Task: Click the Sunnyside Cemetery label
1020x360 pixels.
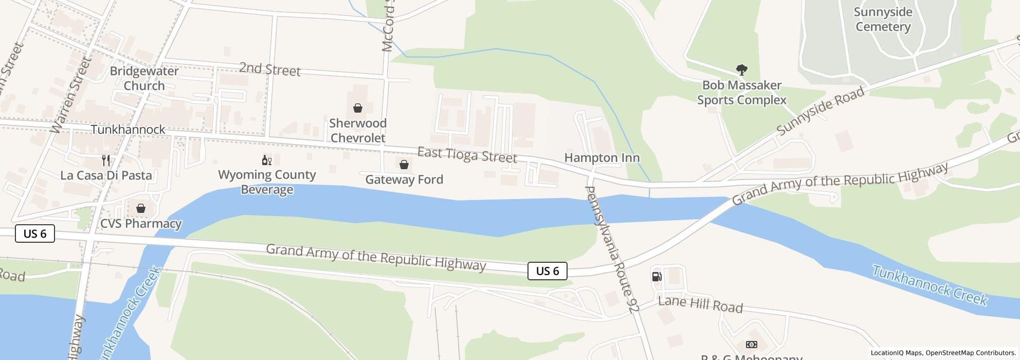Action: point(883,20)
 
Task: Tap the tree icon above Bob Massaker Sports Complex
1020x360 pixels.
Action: point(741,69)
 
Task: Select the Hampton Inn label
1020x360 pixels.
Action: point(602,158)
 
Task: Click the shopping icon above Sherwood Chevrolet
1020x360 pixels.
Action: point(357,108)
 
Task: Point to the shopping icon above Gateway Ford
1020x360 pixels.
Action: point(404,165)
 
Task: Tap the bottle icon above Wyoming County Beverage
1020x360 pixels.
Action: point(266,160)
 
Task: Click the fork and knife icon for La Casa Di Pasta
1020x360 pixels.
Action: point(106,160)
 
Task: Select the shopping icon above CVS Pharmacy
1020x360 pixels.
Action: point(140,208)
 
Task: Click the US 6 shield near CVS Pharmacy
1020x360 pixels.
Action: point(35,233)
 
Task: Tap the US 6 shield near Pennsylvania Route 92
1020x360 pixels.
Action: point(547,271)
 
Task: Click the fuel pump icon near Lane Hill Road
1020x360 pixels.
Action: point(657,277)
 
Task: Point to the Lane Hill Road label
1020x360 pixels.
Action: point(700,304)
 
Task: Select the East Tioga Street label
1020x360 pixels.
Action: point(467,155)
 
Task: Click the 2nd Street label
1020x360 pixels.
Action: point(269,69)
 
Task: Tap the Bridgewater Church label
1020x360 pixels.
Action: point(144,78)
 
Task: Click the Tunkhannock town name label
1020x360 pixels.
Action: point(128,130)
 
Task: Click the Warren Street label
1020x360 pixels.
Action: point(71,95)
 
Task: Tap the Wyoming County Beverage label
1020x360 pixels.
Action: point(267,182)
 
